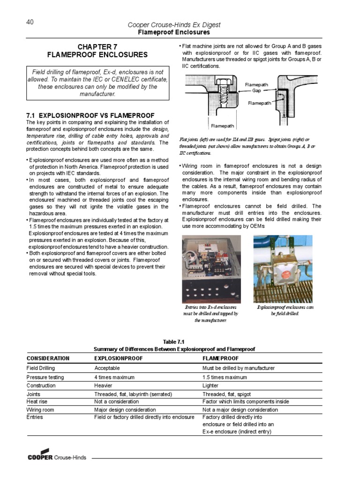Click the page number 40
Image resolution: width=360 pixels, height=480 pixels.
pos(30,22)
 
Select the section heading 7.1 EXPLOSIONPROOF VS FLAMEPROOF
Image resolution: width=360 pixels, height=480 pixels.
pos(90,115)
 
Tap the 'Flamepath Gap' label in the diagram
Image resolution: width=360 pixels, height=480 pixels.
pos(256,87)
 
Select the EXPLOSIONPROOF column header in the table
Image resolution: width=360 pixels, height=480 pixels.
pos(118,358)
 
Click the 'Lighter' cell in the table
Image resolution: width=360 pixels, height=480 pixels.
pos(211,386)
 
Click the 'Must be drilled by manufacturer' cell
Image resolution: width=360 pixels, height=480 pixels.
pos(239,368)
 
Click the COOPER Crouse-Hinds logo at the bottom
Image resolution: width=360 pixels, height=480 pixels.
pos(57,457)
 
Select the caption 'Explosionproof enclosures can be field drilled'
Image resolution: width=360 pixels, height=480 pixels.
pos(285,310)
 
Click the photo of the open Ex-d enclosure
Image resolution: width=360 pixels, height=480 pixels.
pos(211,269)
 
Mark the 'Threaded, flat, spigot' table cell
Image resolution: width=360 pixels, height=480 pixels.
pos(226,394)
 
